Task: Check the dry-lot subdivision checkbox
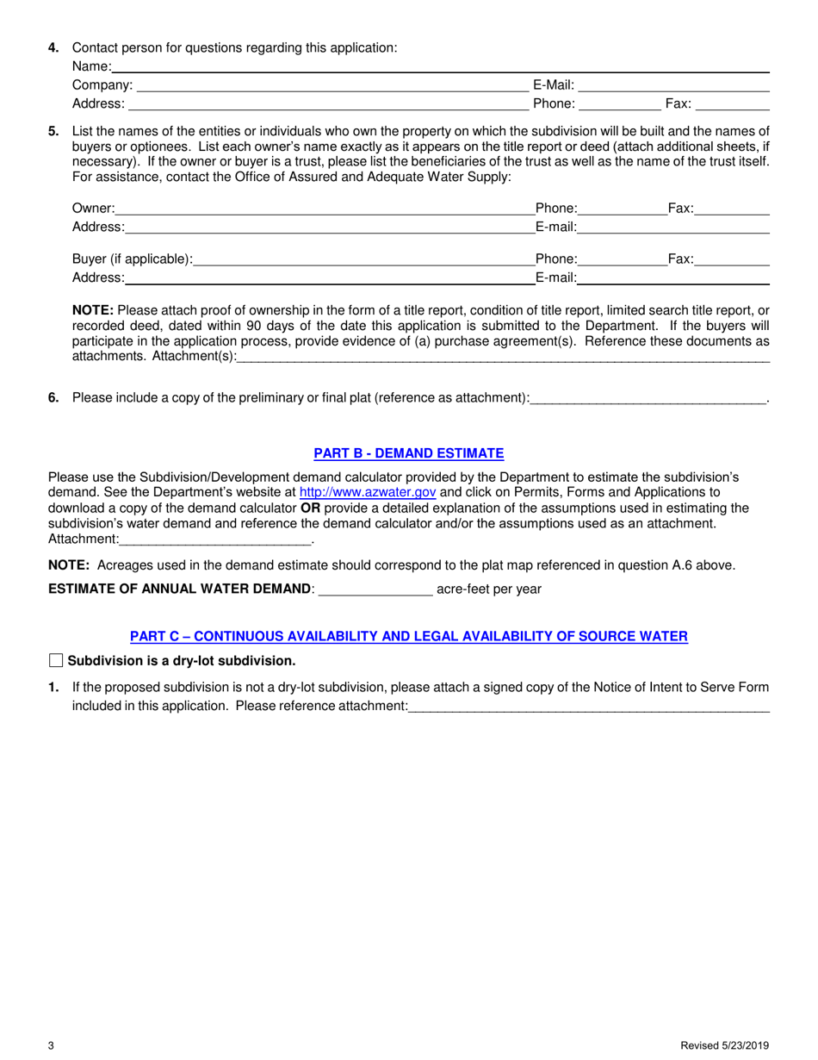point(56,661)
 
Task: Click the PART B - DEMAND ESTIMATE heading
point(408,453)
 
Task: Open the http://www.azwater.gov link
point(367,492)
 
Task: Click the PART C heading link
point(408,636)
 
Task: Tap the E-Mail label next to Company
point(553,84)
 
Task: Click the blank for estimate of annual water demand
point(375,589)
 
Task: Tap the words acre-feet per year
point(489,589)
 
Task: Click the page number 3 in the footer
point(52,1046)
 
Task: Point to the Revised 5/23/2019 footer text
point(724,1046)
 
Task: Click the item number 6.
point(53,397)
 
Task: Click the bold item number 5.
point(53,131)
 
